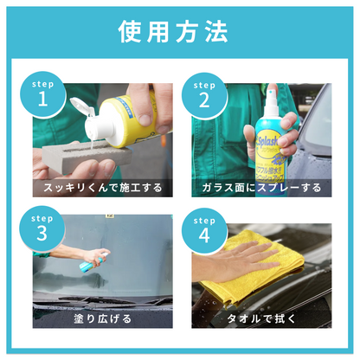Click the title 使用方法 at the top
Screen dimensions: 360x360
coord(179,32)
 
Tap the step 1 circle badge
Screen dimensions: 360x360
coord(42,93)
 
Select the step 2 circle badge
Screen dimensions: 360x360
coord(203,93)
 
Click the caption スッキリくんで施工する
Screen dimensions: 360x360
coord(103,187)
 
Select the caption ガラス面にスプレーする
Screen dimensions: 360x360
coord(261,187)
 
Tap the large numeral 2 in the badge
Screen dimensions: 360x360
coord(203,100)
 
